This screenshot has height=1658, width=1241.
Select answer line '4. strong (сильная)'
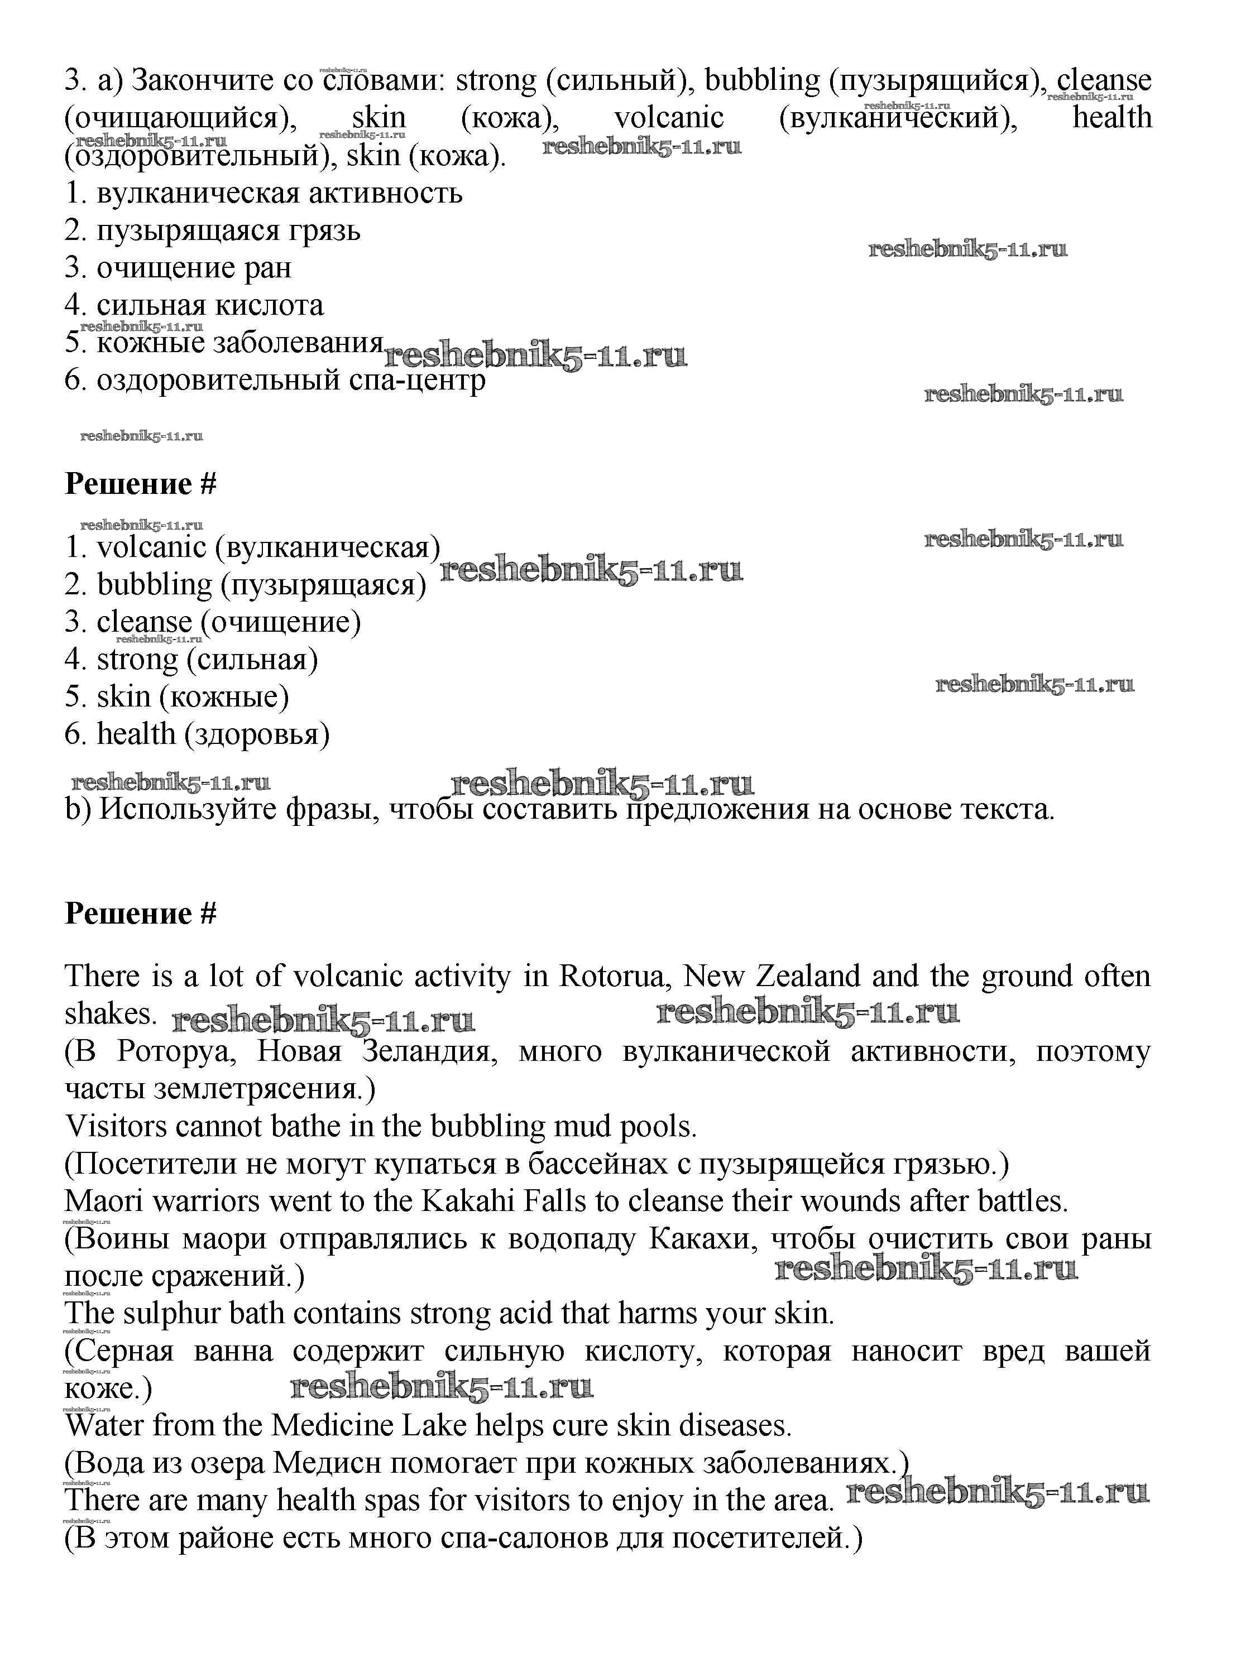[191, 660]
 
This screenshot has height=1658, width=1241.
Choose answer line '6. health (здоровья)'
[197, 734]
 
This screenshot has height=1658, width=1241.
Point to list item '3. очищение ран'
[178, 267]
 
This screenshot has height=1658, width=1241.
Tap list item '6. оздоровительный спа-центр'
[275, 380]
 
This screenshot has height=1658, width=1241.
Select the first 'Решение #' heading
[140, 484]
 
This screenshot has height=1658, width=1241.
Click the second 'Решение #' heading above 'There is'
[140, 914]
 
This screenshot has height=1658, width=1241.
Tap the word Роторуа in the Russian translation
[177, 1051]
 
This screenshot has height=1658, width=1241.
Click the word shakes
[110, 1014]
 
